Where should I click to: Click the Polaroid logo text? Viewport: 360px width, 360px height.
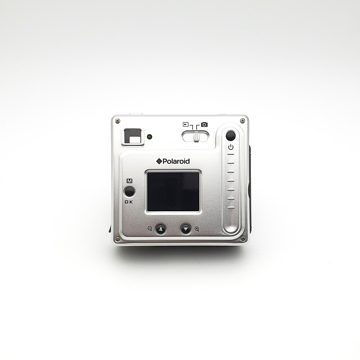pyautogui.click(x=173, y=161)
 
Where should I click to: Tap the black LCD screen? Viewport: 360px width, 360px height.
pyautogui.click(x=173, y=192)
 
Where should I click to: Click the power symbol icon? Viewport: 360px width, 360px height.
pyautogui.click(x=231, y=147)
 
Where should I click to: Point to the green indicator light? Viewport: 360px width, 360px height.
pyautogui.click(x=150, y=137)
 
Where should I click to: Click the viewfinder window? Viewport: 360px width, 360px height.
pyautogui.click(x=133, y=136)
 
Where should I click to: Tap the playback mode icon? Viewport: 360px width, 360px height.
pyautogui.click(x=185, y=125)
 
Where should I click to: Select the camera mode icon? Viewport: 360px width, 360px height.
pyautogui.click(x=204, y=125)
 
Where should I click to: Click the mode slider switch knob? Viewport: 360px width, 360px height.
pyautogui.click(x=197, y=136)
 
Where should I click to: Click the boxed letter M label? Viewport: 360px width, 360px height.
pyautogui.click(x=130, y=181)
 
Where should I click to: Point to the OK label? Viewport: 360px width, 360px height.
pyautogui.click(x=129, y=202)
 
